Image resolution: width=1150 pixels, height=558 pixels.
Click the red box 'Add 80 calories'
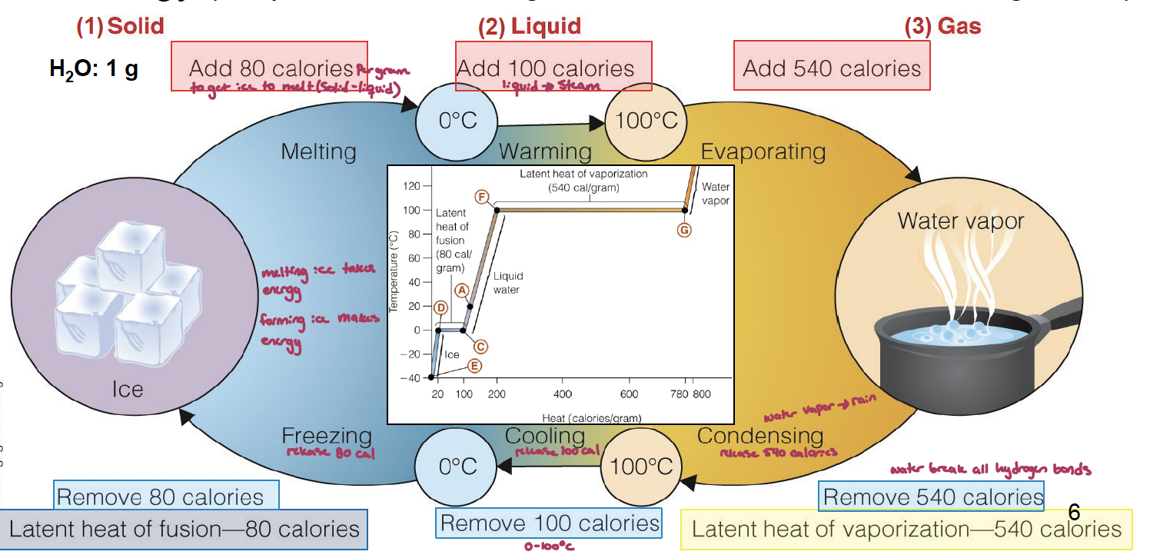pos(269,67)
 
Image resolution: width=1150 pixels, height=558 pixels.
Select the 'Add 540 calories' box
pos(832,67)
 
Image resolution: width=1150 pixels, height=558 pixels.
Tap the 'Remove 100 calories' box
pos(549,524)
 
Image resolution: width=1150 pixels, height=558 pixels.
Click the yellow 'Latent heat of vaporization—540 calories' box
pos(906,529)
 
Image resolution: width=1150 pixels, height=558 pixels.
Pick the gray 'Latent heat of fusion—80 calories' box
pos(184,529)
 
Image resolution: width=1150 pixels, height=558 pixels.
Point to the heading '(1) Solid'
pos(120,26)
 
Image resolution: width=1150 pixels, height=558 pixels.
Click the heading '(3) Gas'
pos(943,27)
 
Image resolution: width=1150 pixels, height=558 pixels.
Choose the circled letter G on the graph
pos(683,229)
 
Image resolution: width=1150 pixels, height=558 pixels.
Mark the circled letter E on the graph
pos(475,366)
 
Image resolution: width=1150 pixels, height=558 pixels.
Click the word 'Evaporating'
pos(763,151)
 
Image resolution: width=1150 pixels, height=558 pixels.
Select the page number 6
pos(1074,511)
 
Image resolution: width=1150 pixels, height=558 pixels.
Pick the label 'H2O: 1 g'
pos(94,69)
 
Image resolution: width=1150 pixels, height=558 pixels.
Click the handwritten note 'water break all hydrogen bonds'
pos(990,470)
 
